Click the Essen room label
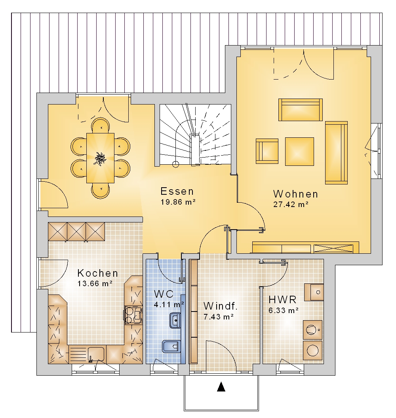click(x=177, y=192)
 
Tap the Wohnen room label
click(x=296, y=194)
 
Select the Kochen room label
click(x=97, y=273)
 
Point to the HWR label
click(x=282, y=300)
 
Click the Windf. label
click(x=220, y=306)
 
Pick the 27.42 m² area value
click(x=291, y=205)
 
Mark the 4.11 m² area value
click(x=169, y=304)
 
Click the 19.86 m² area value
click(x=178, y=202)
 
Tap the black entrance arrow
click(x=221, y=387)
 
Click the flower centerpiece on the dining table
click(x=100, y=159)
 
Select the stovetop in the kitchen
click(x=133, y=315)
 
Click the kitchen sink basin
click(x=96, y=354)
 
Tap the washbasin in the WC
click(x=175, y=320)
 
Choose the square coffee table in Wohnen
click(x=299, y=152)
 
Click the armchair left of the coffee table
click(x=267, y=151)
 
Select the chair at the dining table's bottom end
click(x=101, y=191)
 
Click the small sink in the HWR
click(x=314, y=292)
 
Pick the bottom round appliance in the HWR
click(x=313, y=350)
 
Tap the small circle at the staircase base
click(x=175, y=165)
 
